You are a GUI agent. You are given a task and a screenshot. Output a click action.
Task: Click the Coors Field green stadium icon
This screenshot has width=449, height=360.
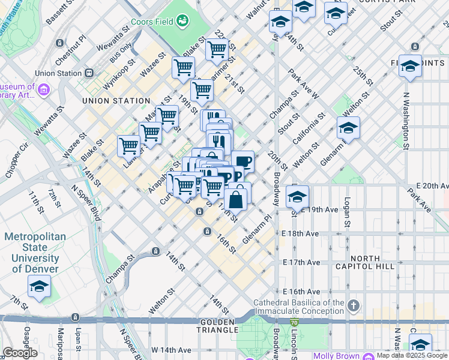[182, 22]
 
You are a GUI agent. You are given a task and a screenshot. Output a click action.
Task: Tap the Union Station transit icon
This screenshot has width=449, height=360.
[89, 73]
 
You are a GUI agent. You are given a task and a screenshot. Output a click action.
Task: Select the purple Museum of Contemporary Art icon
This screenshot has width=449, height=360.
[43, 90]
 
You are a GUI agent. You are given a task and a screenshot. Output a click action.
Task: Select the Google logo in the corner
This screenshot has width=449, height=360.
[19, 353]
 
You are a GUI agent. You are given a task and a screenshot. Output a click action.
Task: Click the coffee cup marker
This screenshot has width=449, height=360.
[243, 161]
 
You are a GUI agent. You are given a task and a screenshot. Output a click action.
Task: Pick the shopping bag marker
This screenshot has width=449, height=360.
[237, 199]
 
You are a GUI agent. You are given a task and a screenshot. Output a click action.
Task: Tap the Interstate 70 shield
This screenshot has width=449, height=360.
[294, 323]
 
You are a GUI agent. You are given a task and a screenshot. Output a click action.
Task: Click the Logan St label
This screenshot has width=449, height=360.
[347, 212]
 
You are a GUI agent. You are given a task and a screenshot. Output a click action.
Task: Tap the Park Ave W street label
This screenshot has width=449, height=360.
[303, 83]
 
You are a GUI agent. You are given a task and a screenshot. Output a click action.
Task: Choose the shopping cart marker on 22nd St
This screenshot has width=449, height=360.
[217, 49]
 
